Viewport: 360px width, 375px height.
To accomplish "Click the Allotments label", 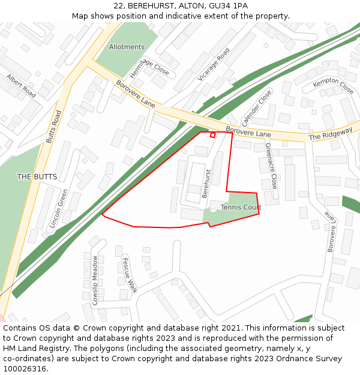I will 127,47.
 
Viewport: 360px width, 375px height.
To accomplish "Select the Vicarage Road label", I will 214,65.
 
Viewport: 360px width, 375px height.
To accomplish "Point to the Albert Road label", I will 21,86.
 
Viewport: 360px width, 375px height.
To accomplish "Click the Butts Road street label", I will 54,127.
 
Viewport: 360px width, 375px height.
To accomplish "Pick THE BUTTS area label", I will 37,176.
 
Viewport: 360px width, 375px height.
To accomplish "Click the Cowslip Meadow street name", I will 95,281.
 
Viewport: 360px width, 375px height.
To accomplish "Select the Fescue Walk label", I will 130,275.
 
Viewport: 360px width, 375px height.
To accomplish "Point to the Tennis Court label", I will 241,208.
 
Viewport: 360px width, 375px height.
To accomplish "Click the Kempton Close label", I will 334,86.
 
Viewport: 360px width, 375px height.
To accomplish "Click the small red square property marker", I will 212,135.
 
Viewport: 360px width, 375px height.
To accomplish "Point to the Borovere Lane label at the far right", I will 329,231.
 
